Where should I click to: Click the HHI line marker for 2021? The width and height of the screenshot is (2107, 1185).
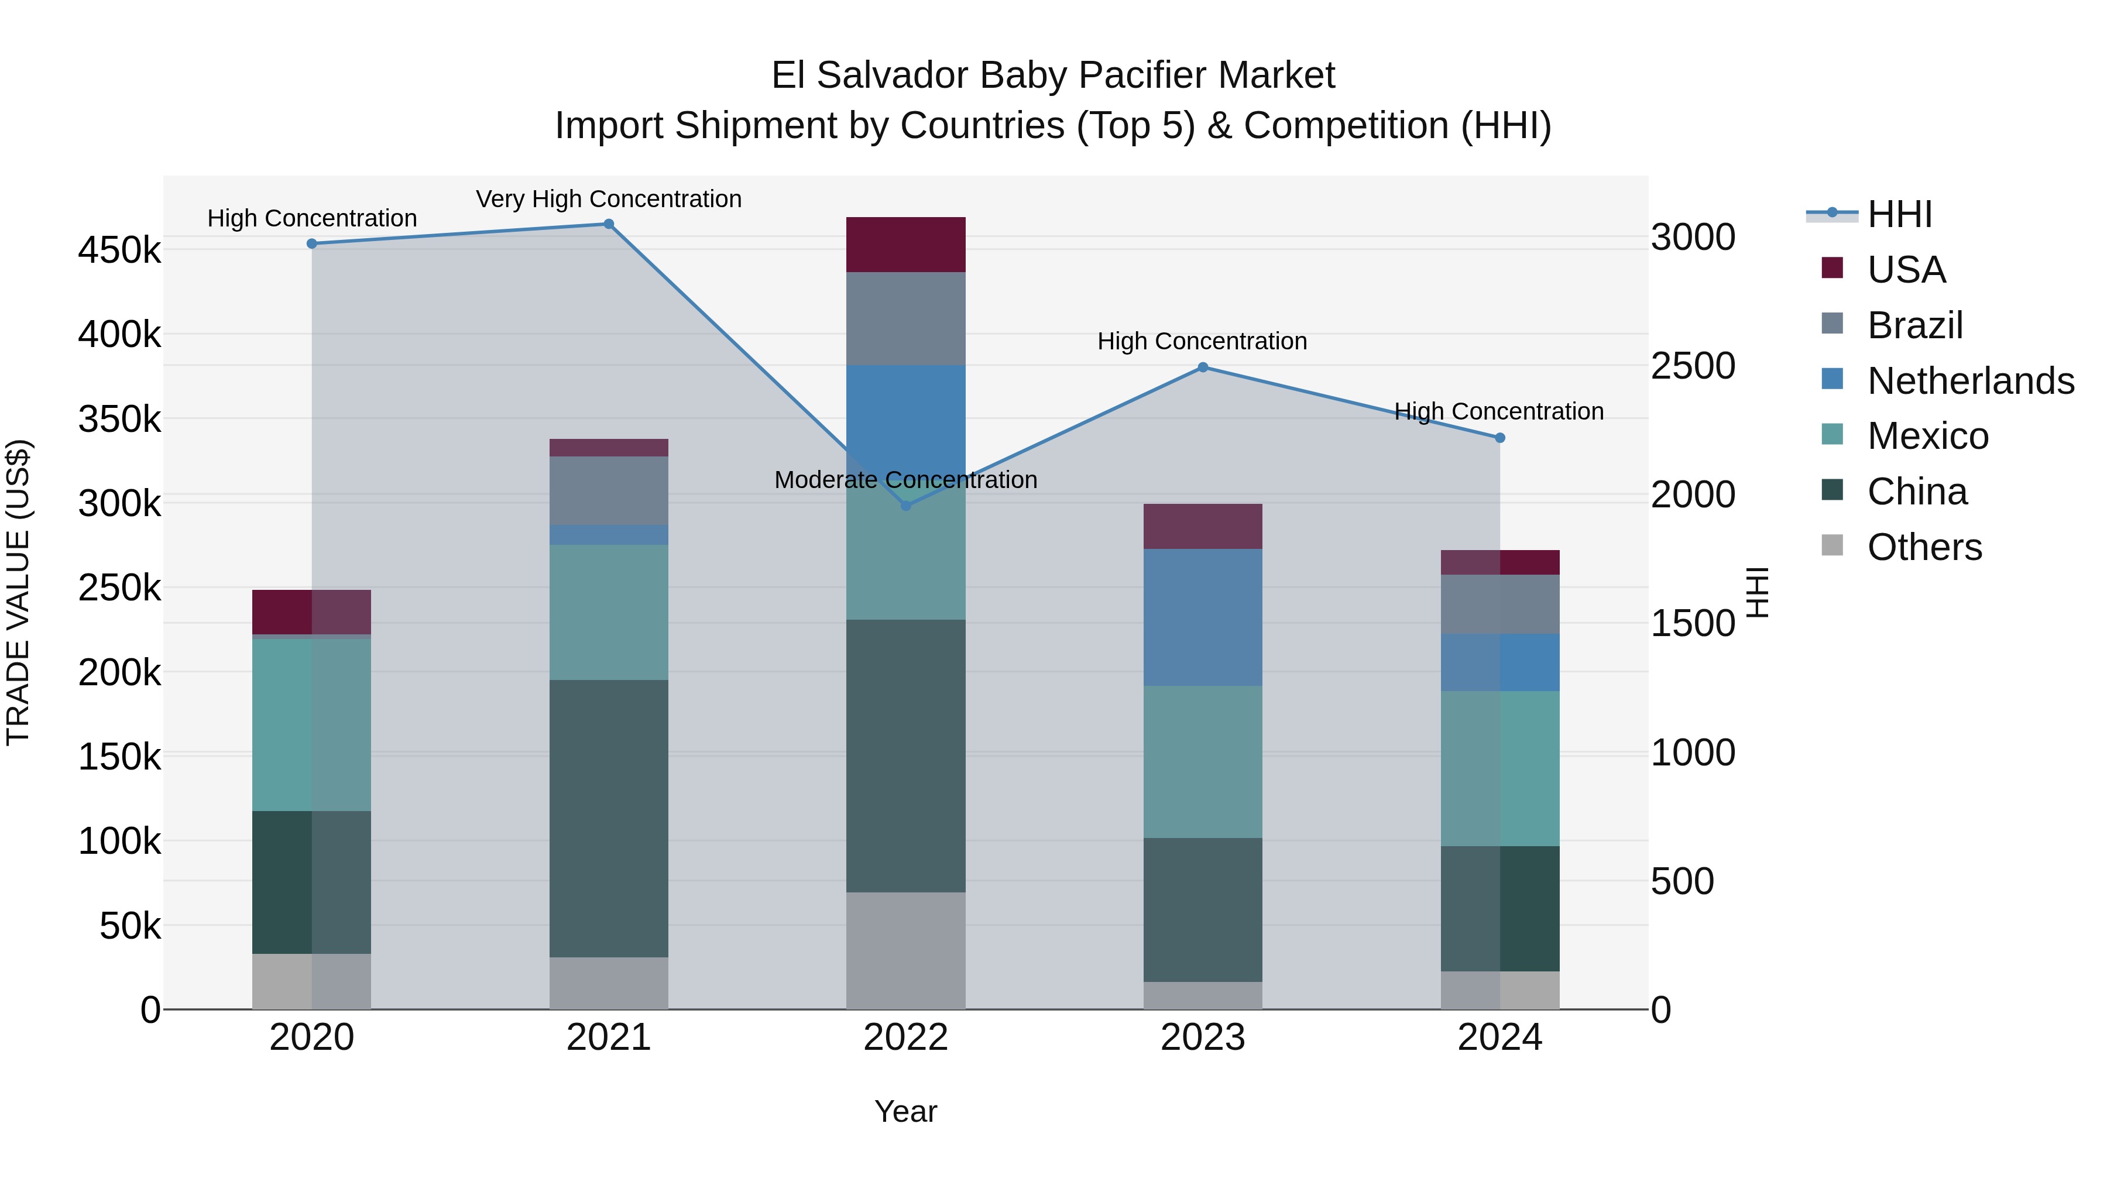point(609,224)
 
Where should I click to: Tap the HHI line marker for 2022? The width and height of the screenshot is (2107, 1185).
point(905,506)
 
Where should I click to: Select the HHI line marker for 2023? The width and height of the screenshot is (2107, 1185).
point(1202,367)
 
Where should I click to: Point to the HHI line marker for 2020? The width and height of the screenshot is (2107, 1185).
point(311,243)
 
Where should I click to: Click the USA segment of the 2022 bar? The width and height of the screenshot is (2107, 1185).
point(905,245)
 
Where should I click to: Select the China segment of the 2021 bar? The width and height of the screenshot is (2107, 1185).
point(609,818)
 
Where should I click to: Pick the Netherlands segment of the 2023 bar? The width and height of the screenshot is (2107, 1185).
point(1202,617)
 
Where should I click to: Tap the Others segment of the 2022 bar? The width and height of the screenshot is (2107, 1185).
point(905,950)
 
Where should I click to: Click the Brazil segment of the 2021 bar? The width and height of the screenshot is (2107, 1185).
point(609,491)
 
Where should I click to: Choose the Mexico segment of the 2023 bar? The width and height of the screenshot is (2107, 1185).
point(1202,761)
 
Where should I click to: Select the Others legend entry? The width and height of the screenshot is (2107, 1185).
point(1924,547)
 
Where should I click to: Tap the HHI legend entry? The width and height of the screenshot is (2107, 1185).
point(1899,214)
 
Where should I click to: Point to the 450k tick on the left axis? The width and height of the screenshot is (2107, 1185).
point(119,249)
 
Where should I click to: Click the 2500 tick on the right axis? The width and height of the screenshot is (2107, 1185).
point(1692,366)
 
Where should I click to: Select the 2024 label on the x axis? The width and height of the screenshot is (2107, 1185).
point(1499,1038)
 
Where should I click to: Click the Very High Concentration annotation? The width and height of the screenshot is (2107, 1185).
point(609,199)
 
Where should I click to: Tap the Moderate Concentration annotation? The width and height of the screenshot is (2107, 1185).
point(905,479)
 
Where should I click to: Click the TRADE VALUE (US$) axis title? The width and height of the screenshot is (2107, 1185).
point(18,592)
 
